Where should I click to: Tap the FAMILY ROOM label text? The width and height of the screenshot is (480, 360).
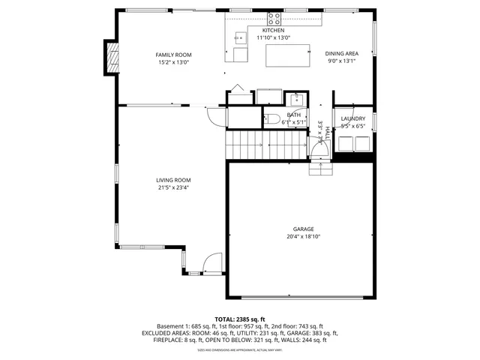point(173,55)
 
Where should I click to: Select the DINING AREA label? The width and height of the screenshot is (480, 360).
point(341,53)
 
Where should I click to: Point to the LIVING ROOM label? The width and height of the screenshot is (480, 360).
point(173,180)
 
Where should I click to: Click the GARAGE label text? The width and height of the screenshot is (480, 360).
point(303,229)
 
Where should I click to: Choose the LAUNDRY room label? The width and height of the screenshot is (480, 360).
point(352,118)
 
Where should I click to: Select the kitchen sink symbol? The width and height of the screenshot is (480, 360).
point(240,36)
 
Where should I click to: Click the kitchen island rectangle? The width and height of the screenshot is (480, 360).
point(288,55)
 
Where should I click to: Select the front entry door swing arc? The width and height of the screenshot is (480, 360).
point(213,263)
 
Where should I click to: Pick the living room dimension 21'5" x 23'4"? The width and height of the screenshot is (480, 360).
point(173,188)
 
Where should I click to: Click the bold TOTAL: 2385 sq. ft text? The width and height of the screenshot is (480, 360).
point(240,319)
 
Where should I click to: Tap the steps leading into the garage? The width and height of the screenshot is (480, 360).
point(320,169)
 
